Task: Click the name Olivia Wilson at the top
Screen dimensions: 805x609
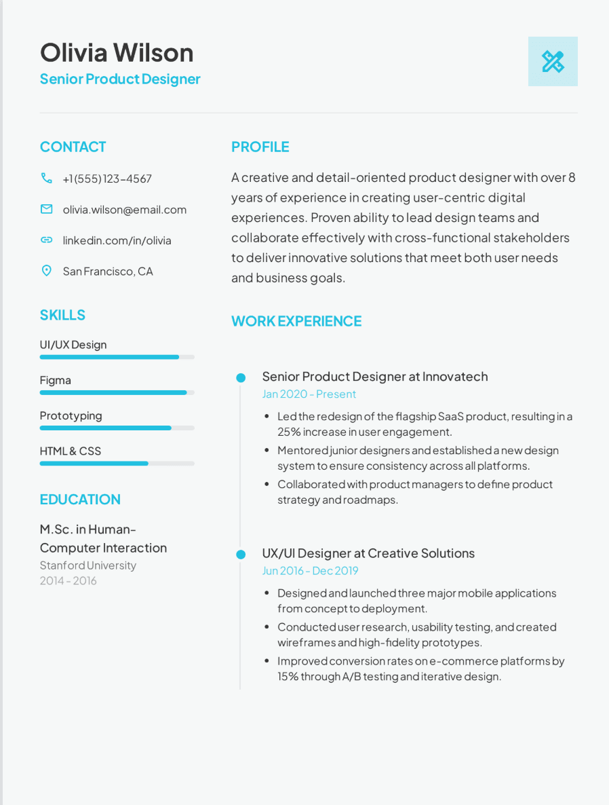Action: coord(117,53)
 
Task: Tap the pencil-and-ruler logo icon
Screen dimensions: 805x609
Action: coord(553,62)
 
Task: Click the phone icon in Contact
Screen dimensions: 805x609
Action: coord(46,179)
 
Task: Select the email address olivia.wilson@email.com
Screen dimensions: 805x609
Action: coord(124,210)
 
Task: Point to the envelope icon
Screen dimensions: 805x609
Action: coord(46,210)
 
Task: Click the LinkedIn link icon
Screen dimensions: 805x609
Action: coord(46,240)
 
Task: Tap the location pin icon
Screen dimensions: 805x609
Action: coord(46,271)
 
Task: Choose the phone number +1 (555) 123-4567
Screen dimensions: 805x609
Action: coord(107,179)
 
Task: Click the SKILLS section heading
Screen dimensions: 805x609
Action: coord(62,315)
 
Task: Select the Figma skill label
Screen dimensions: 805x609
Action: coord(56,380)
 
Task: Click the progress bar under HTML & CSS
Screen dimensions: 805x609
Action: coord(117,464)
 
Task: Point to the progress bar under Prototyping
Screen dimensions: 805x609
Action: coord(117,428)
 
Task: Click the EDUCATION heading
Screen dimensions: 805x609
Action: coord(80,500)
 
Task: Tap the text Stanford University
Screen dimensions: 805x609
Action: coord(88,565)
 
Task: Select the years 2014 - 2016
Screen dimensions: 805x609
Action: coord(68,581)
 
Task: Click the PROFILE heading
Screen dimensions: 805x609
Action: coord(260,147)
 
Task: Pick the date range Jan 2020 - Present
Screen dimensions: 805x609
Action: coord(309,394)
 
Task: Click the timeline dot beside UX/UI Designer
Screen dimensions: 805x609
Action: coord(241,555)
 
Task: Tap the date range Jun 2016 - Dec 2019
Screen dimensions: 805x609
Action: coord(311,571)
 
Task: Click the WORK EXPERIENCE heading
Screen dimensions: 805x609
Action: coord(296,321)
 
